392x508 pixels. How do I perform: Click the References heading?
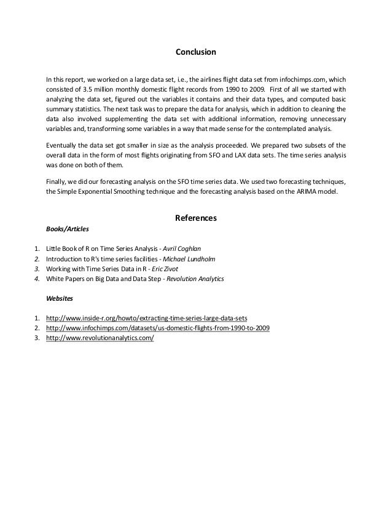196,218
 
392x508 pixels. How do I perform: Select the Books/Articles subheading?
68,229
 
